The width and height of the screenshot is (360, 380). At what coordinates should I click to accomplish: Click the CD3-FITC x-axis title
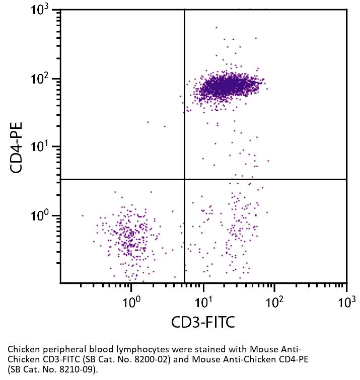click(203, 322)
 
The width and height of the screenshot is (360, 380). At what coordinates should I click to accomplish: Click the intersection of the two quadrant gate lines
click(185, 179)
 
